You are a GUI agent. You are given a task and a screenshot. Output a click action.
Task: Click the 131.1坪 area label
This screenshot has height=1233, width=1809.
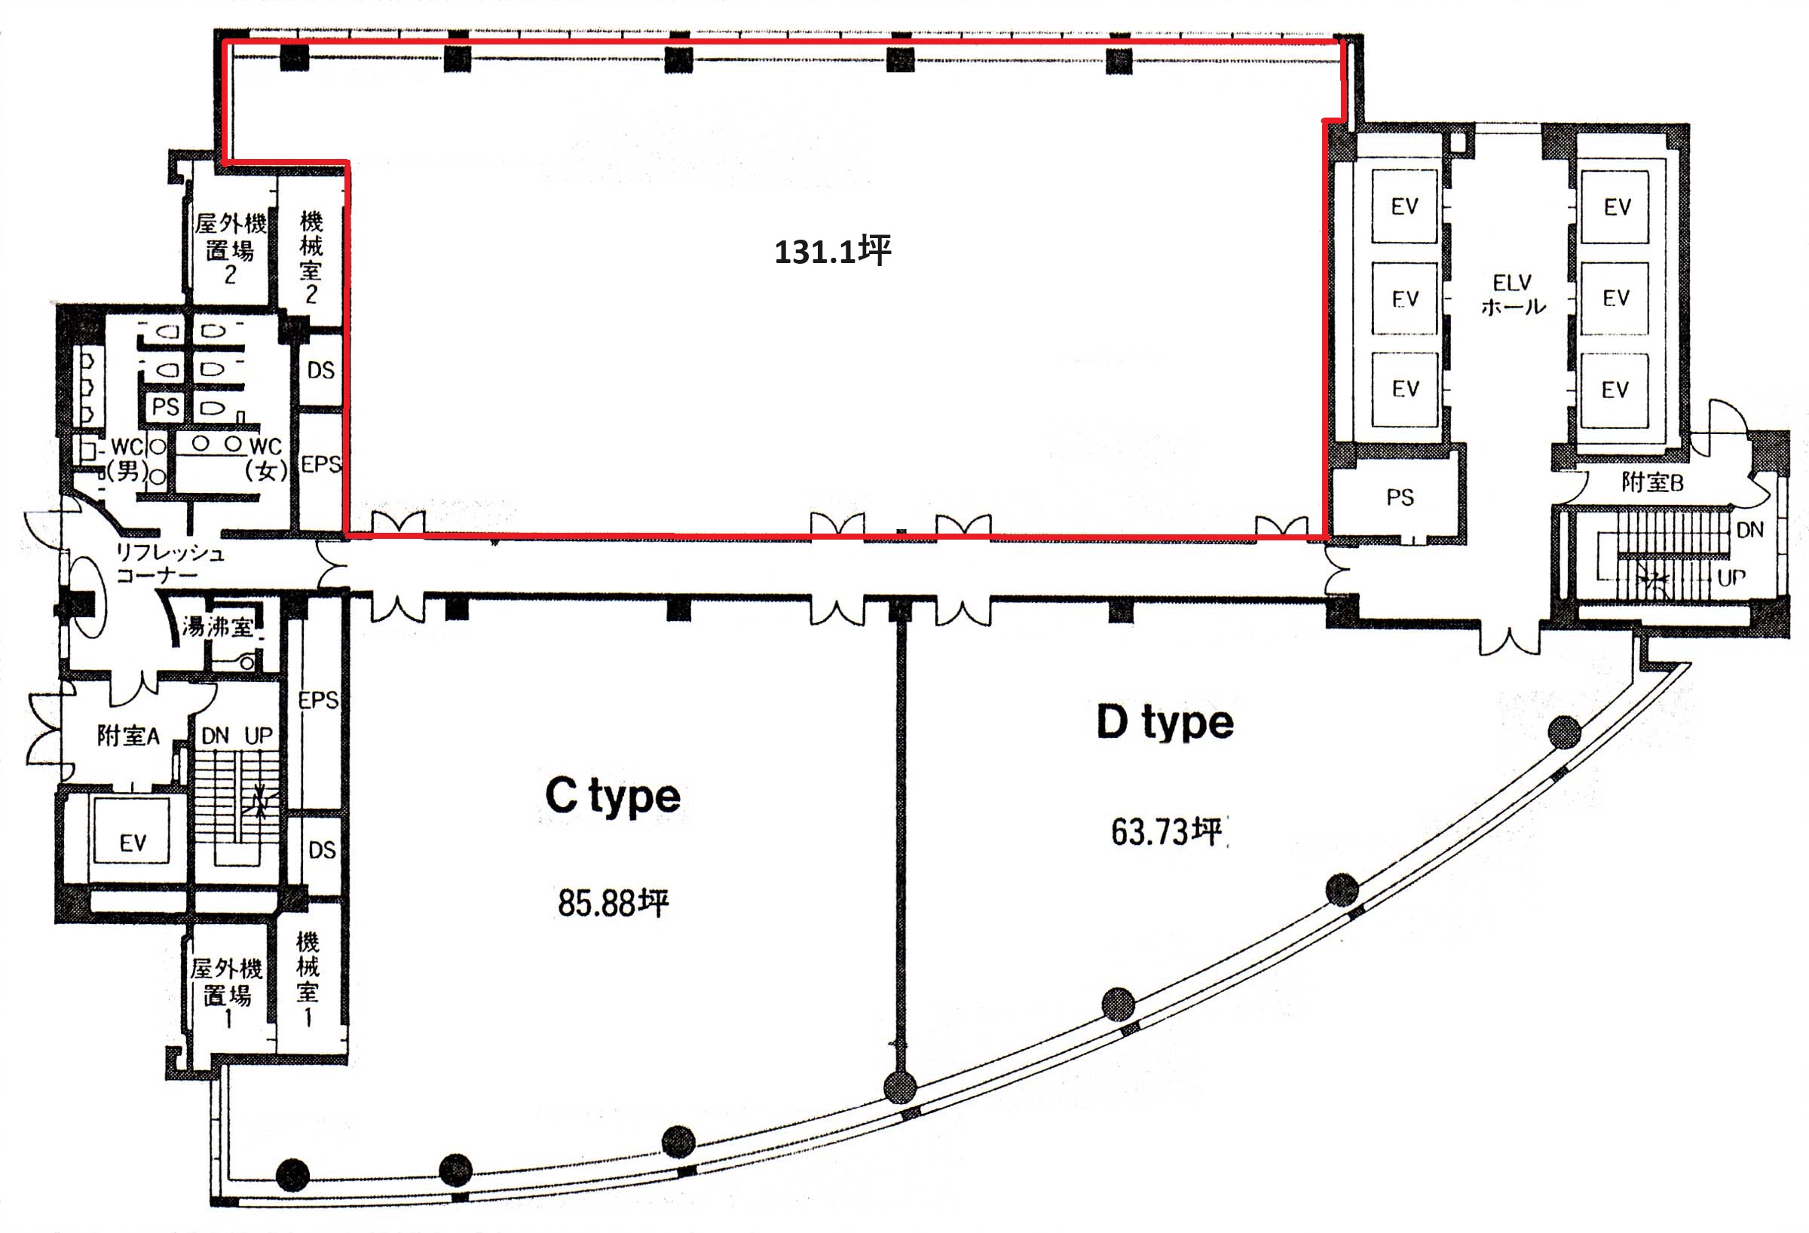click(x=832, y=252)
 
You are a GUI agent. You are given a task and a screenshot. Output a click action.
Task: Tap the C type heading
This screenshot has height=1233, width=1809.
click(x=613, y=797)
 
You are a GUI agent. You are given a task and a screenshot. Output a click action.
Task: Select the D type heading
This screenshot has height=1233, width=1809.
click(x=1165, y=723)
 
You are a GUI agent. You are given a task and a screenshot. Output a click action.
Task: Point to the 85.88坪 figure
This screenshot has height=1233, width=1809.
click(x=613, y=903)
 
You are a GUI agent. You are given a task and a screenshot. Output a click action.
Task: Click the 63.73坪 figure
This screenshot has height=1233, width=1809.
click(x=1166, y=831)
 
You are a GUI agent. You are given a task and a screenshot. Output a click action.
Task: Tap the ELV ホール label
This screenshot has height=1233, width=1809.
click(x=1513, y=294)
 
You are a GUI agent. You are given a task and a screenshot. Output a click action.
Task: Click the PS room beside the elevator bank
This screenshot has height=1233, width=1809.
click(x=1400, y=497)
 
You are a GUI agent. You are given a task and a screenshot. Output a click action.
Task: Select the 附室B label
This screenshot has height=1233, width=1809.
click(x=1651, y=482)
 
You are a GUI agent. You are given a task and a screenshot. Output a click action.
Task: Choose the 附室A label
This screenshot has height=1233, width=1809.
click(x=127, y=735)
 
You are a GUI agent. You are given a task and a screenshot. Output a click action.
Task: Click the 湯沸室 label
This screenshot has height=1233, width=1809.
click(x=218, y=626)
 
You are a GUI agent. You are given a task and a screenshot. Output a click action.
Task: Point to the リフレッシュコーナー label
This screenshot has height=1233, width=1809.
click(x=170, y=564)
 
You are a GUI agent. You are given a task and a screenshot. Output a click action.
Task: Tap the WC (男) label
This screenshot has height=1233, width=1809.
click(x=127, y=458)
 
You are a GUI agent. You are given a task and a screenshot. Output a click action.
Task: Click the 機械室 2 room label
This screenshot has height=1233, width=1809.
click(x=311, y=258)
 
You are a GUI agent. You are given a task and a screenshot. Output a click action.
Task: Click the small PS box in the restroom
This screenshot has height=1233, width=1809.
click(x=165, y=406)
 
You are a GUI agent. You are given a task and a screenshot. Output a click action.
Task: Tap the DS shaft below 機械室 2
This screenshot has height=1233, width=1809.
click(x=320, y=371)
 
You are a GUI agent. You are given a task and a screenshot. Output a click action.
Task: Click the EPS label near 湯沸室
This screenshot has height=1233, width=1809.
click(x=318, y=700)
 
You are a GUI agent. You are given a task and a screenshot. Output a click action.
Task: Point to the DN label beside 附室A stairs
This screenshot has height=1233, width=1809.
click(x=215, y=736)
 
